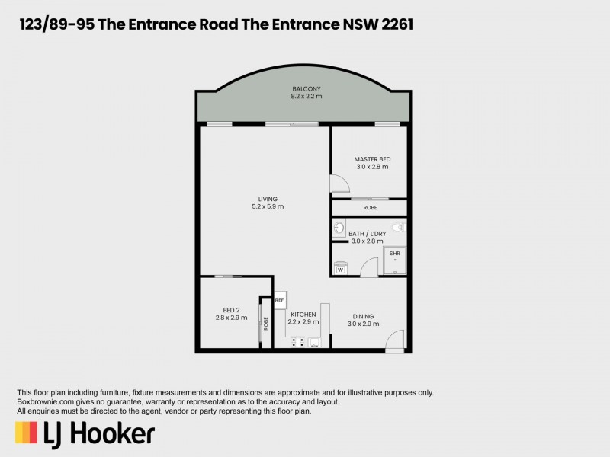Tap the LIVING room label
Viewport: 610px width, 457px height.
[268, 199]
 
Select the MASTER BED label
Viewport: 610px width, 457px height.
[372, 159]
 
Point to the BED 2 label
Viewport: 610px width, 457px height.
[232, 310]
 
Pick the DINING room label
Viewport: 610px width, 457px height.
[363, 317]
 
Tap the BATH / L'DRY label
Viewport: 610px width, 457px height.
[366, 234]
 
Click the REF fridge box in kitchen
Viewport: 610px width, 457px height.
[279, 300]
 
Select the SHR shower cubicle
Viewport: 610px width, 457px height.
[395, 260]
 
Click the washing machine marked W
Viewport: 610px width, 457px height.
[340, 268]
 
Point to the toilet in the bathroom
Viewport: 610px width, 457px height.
[396, 226]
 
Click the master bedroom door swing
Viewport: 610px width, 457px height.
[338, 184]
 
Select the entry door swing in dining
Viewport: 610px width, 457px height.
[394, 341]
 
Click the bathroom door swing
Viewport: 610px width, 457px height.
[368, 267]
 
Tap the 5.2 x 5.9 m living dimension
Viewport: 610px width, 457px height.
[268, 206]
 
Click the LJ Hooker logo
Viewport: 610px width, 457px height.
[85, 433]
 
